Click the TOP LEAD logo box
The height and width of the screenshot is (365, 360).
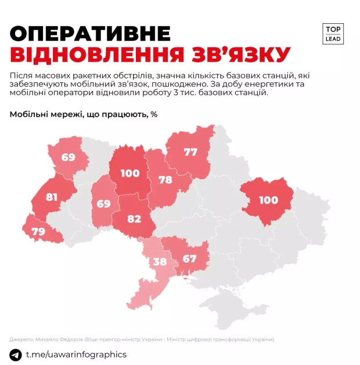coord(333,33)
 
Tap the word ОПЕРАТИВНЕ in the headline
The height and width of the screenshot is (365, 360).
coord(91,34)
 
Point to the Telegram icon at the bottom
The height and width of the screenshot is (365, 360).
coord(16,354)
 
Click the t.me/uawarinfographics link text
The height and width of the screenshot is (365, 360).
coord(76,354)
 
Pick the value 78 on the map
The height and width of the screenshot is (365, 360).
coord(165,179)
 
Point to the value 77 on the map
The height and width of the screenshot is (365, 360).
coord(191,152)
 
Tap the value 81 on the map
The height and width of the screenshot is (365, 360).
coord(52,196)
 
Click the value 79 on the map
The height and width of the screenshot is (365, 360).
coord(38,232)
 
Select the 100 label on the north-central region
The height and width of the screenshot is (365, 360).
coord(130,172)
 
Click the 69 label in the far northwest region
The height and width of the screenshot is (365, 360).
coord(69,156)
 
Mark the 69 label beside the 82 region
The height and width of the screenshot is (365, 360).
coord(103,203)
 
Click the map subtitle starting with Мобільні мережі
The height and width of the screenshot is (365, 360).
coord(84,114)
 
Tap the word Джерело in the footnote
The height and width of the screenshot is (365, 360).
coord(21,338)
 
